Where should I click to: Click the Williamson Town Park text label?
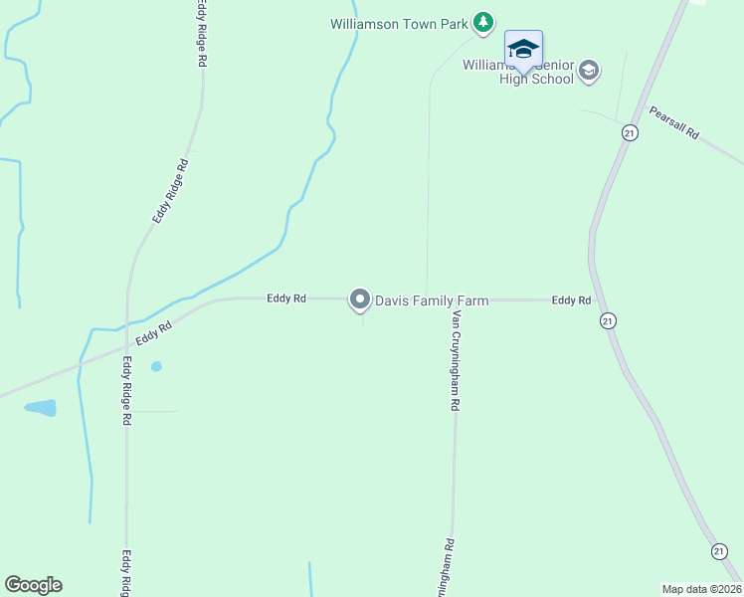click(x=400, y=22)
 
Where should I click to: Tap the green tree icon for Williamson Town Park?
click(x=482, y=22)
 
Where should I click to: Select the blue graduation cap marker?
click(x=523, y=49)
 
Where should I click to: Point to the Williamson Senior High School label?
click(x=518, y=72)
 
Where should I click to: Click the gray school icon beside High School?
click(x=589, y=70)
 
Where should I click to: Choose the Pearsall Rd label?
click(x=675, y=121)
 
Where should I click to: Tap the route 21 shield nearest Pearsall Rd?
click(x=630, y=132)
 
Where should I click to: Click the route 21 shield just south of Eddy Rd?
click(x=609, y=320)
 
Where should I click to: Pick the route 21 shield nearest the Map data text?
click(x=719, y=551)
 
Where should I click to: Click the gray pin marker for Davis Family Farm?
click(x=359, y=298)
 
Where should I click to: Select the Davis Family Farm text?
click(x=431, y=299)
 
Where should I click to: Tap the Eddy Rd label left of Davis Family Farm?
click(x=286, y=298)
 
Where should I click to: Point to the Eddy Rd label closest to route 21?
click(x=571, y=299)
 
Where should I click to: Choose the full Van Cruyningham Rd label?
click(x=456, y=359)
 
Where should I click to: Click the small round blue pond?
click(x=156, y=366)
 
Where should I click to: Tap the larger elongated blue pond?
click(x=41, y=408)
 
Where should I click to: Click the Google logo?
click(x=33, y=585)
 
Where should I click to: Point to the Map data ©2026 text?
click(x=701, y=589)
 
